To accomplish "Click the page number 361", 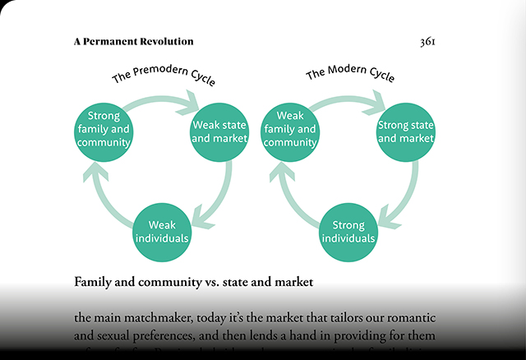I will (427, 42).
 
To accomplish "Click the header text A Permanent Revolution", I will (133, 41).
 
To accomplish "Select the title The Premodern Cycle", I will (164, 78).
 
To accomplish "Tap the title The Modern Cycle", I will (350, 75).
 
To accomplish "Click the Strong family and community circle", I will (104, 130).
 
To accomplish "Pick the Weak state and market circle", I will (219, 132).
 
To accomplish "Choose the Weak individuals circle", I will (162, 231).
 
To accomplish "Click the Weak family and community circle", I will (290, 130).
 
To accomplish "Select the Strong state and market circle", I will (405, 132).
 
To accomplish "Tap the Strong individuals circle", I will (348, 231).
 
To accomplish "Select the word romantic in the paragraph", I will (408, 317).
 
